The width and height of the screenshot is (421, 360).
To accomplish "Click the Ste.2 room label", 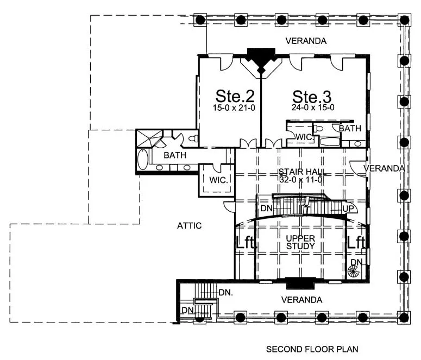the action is click(x=235, y=96).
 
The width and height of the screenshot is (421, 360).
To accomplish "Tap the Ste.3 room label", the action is click(x=312, y=97).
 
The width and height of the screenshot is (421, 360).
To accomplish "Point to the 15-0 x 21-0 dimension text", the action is click(x=234, y=108).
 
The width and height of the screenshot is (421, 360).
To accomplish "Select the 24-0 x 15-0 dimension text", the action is click(x=313, y=108).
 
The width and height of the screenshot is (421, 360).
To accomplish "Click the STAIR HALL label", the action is click(x=303, y=172).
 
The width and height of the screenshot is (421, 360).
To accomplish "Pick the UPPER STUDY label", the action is click(x=300, y=242).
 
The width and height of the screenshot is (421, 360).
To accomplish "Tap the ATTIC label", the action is click(x=189, y=226).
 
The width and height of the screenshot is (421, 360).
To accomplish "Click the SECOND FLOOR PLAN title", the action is click(x=312, y=349).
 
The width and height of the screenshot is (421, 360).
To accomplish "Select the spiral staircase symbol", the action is click(x=354, y=271).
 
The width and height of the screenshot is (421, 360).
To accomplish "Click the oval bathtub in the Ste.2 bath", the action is click(x=143, y=159).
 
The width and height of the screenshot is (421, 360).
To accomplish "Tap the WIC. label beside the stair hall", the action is click(x=218, y=180).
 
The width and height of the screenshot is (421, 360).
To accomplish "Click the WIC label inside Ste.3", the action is click(x=304, y=137).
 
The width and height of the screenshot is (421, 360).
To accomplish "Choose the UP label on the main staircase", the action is click(x=348, y=209).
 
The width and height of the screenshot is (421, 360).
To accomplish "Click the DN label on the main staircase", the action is click(x=266, y=208).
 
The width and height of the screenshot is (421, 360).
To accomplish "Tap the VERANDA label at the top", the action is click(x=306, y=41).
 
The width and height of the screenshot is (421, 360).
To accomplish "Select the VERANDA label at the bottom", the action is click(x=302, y=300).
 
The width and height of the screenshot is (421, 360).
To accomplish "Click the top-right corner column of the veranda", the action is click(x=404, y=20).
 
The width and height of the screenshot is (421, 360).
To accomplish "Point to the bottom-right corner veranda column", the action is click(x=404, y=318).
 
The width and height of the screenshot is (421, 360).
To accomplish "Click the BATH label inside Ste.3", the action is click(x=350, y=128).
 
